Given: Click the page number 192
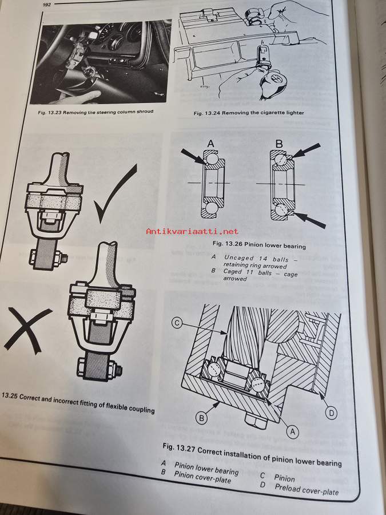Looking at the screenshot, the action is (47, 5).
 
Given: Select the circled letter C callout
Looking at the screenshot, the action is (177, 323).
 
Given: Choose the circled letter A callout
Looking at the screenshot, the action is (293, 432).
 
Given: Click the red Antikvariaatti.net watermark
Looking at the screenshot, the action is (192, 231).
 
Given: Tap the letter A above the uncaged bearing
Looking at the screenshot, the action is (211, 143).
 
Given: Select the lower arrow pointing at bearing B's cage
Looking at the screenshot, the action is (310, 220).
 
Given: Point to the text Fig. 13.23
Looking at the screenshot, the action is (50, 112).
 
